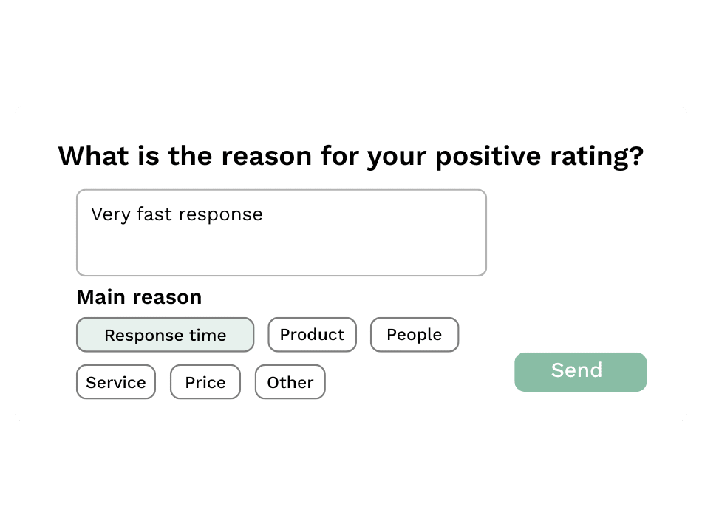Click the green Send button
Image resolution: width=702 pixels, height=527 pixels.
click(580, 371)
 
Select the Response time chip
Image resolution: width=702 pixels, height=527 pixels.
click(165, 335)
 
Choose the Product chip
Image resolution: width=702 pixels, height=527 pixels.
click(312, 335)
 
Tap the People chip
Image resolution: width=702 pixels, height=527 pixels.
click(414, 335)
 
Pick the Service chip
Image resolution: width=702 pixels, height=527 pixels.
click(116, 382)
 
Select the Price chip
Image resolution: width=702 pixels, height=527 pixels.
click(205, 382)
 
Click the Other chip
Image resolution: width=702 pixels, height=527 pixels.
click(290, 382)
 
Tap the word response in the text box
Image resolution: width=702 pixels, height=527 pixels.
click(221, 215)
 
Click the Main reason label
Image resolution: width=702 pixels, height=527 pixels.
click(139, 297)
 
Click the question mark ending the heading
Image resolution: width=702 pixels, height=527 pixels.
click(635, 156)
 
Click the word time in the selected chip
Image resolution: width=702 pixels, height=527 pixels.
click(208, 335)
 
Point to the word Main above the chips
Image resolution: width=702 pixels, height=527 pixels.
click(99, 297)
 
